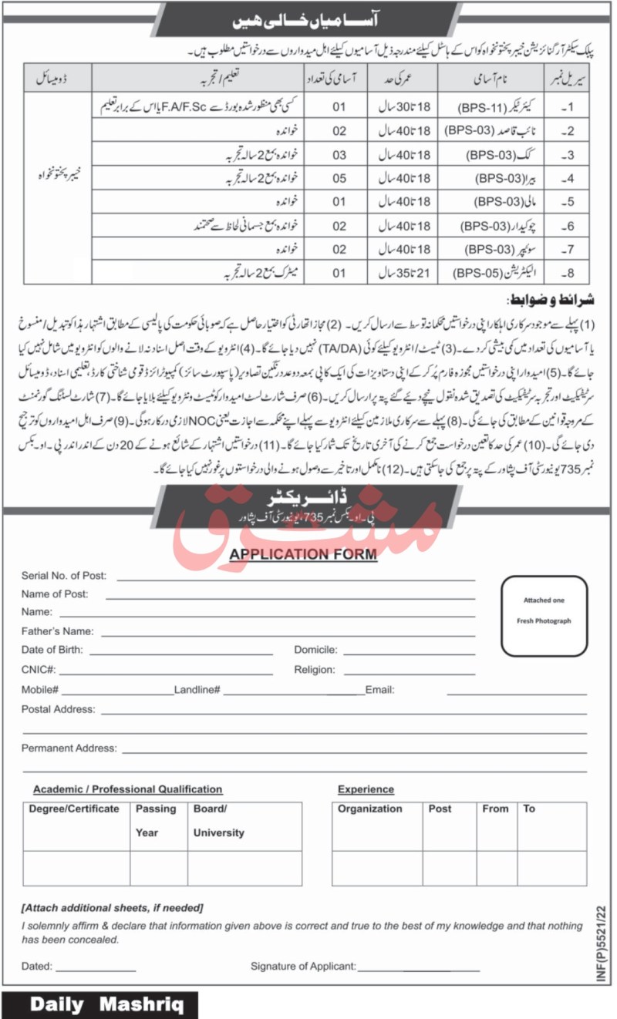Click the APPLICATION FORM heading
coord(302,553)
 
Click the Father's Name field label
coord(57,631)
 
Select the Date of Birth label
coord(53,650)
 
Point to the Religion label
coord(314,670)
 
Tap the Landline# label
coord(197,690)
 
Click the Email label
coord(379,690)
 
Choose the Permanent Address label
coord(69,748)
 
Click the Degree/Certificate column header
coord(74,809)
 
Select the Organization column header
coord(369,809)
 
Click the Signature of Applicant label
coord(302,965)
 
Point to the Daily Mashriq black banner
coord(99,1004)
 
